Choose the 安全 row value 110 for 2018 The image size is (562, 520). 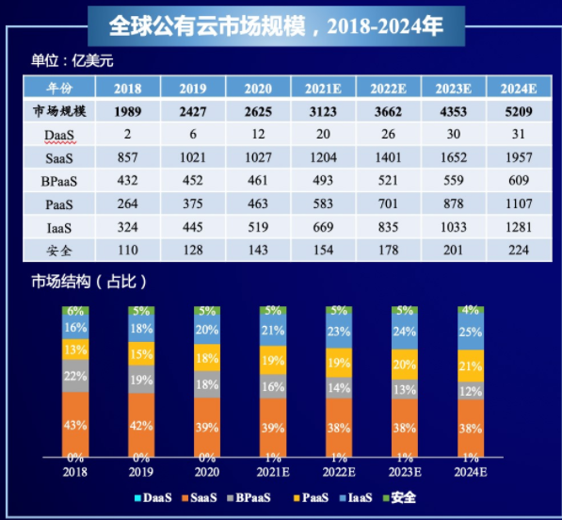128,250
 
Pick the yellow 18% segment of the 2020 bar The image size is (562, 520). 207,359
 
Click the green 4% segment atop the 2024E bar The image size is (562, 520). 470,310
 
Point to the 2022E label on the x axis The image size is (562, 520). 338,471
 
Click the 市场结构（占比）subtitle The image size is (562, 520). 88,282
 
